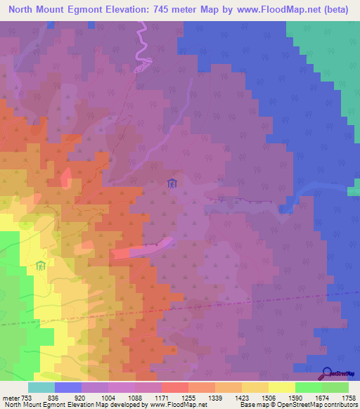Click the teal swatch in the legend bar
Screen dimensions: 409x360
pos(41,387)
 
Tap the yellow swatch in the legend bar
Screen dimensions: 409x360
pos(281,387)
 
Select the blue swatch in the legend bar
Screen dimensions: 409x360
pos(68,387)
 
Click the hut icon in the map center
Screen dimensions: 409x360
pos(172,185)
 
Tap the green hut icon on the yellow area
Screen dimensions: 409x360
pos(41,266)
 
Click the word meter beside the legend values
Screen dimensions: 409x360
pos(10,396)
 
